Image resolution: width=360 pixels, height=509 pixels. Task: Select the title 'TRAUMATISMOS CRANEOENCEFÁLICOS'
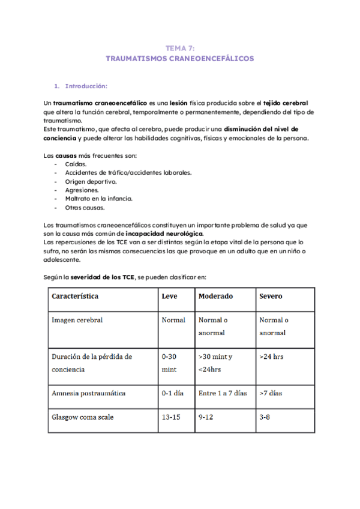pos(179,59)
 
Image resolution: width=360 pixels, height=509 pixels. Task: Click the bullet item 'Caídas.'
pos(76,164)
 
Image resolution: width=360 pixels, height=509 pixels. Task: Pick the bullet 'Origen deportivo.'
pos(91,181)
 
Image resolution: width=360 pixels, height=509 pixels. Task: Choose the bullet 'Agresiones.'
pos(81,190)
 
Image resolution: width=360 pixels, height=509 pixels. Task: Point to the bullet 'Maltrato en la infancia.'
pos(98,198)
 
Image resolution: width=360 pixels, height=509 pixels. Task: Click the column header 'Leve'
pos(170,297)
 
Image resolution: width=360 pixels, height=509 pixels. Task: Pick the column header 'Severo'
pos(271,297)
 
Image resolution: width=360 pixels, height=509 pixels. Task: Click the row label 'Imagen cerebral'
pos(77,320)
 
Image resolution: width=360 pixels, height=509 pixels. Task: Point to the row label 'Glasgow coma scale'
pos(83,417)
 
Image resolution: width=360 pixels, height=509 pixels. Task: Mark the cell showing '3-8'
pos(265,417)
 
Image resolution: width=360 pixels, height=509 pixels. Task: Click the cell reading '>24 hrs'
pos(272,357)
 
